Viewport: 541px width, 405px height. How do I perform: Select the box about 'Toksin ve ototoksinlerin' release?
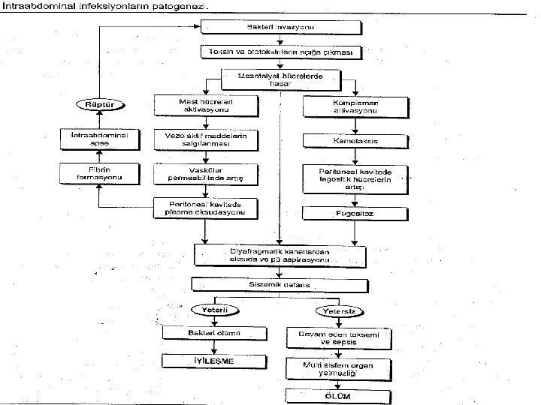click(281, 52)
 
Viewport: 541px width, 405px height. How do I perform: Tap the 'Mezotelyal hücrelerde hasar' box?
click(280, 79)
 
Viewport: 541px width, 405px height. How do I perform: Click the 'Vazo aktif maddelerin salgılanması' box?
click(205, 139)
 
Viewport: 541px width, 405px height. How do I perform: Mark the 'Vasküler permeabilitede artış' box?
click(205, 174)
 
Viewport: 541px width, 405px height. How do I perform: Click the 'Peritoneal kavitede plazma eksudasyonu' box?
click(205, 208)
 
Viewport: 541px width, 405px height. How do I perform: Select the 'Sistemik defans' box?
click(280, 285)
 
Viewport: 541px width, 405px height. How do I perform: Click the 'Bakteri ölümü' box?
click(216, 332)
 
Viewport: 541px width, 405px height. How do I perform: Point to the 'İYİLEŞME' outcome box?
click(216, 361)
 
